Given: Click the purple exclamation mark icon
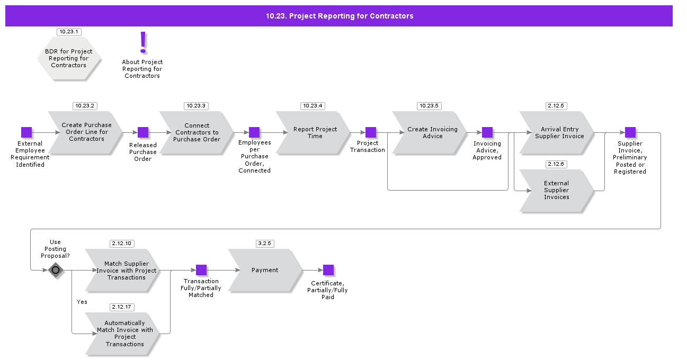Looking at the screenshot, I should point(142,42).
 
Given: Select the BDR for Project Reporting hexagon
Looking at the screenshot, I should point(69,58).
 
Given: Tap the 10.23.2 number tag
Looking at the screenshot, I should point(85,106).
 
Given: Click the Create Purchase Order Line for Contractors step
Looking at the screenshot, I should point(86,132).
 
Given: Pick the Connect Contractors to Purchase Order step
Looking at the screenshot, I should point(197,132).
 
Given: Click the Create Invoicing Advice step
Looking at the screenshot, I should point(430,132).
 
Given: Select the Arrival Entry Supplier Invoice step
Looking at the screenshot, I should point(557,132).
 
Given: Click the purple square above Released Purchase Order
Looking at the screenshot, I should point(143,132).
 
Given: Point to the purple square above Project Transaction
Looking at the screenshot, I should point(371,132).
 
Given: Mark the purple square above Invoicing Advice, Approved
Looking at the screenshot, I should point(487,132).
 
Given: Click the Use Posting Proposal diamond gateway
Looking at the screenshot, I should point(56,270).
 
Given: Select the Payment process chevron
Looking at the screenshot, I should point(265,270).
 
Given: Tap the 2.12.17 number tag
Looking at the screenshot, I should point(122,307).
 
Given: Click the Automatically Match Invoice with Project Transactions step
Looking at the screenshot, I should point(123,334).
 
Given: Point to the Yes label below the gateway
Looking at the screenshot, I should point(82,302).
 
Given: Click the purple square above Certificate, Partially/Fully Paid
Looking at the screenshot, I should point(328,270).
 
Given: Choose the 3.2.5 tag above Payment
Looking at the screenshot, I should point(265,244).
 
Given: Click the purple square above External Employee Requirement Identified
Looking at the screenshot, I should point(26,132).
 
